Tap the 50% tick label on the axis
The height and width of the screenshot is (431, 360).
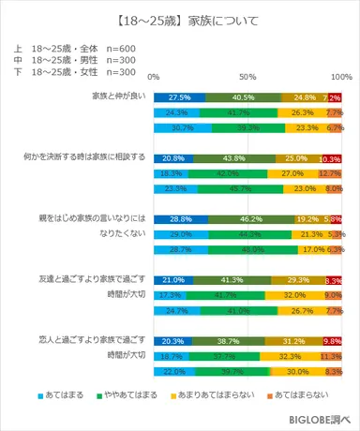(x=247, y=76)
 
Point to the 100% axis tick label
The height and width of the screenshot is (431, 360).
(x=339, y=76)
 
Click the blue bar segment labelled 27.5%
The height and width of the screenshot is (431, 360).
(x=180, y=97)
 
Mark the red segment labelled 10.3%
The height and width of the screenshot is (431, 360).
(x=332, y=157)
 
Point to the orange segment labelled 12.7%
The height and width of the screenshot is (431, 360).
(x=329, y=173)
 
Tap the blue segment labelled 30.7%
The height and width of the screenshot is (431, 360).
(x=183, y=128)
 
